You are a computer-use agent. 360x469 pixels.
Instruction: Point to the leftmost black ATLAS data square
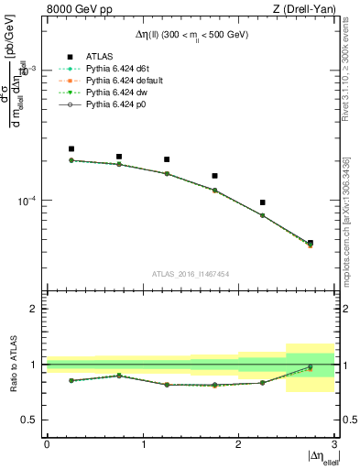[x=71, y=148]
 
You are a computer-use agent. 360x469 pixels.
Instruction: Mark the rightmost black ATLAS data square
[x=311, y=243]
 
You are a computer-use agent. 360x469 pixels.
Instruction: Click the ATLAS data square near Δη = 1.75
[x=214, y=175]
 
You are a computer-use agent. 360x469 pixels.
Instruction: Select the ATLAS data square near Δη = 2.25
[x=263, y=202]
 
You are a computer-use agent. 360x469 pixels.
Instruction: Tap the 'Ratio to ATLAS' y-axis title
[x=14, y=364]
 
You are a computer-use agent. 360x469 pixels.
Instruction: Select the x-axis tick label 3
[x=333, y=444]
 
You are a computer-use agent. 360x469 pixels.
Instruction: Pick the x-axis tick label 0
[x=47, y=444]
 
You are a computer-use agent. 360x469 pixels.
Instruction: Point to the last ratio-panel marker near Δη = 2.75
[x=311, y=367]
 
